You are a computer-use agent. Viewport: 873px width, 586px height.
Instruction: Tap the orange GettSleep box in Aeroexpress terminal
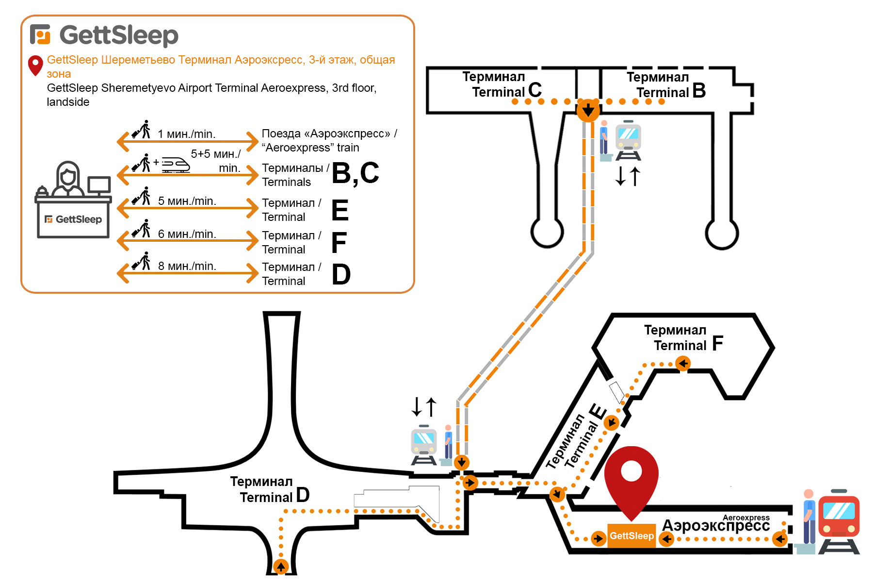631,536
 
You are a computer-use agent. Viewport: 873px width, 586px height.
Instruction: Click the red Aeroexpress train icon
839,518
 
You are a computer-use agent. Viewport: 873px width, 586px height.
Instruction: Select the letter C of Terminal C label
535,90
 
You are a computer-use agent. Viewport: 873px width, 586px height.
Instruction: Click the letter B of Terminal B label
699,90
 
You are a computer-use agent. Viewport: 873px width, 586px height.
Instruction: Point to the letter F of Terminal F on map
717,343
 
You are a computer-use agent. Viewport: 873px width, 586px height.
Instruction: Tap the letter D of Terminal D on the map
303,495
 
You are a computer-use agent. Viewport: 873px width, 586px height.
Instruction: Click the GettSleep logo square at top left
40,34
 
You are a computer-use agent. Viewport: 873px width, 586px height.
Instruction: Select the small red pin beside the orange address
35,66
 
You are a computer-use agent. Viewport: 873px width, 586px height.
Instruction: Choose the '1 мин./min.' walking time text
187,134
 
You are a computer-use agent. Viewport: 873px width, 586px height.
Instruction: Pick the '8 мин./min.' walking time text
187,266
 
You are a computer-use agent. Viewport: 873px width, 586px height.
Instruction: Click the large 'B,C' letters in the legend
356,173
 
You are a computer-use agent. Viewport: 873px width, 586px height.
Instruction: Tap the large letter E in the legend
340,210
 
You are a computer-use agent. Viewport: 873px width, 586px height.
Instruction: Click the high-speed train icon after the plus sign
175,165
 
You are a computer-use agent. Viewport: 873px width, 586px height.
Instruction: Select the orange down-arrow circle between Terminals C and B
588,110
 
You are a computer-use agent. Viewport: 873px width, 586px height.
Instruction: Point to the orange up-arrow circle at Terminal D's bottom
281,566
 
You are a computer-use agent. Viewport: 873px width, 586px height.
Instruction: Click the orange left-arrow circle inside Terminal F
683,363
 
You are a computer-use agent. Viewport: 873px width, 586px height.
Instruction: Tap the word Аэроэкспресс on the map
716,526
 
